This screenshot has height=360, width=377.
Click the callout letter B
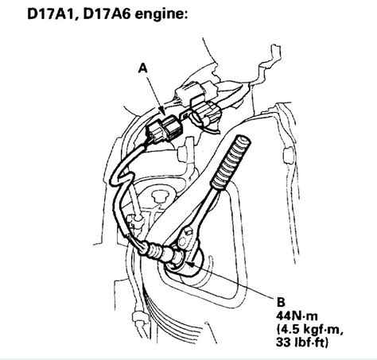click(278, 301)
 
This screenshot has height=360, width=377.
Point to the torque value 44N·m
click(296, 315)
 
